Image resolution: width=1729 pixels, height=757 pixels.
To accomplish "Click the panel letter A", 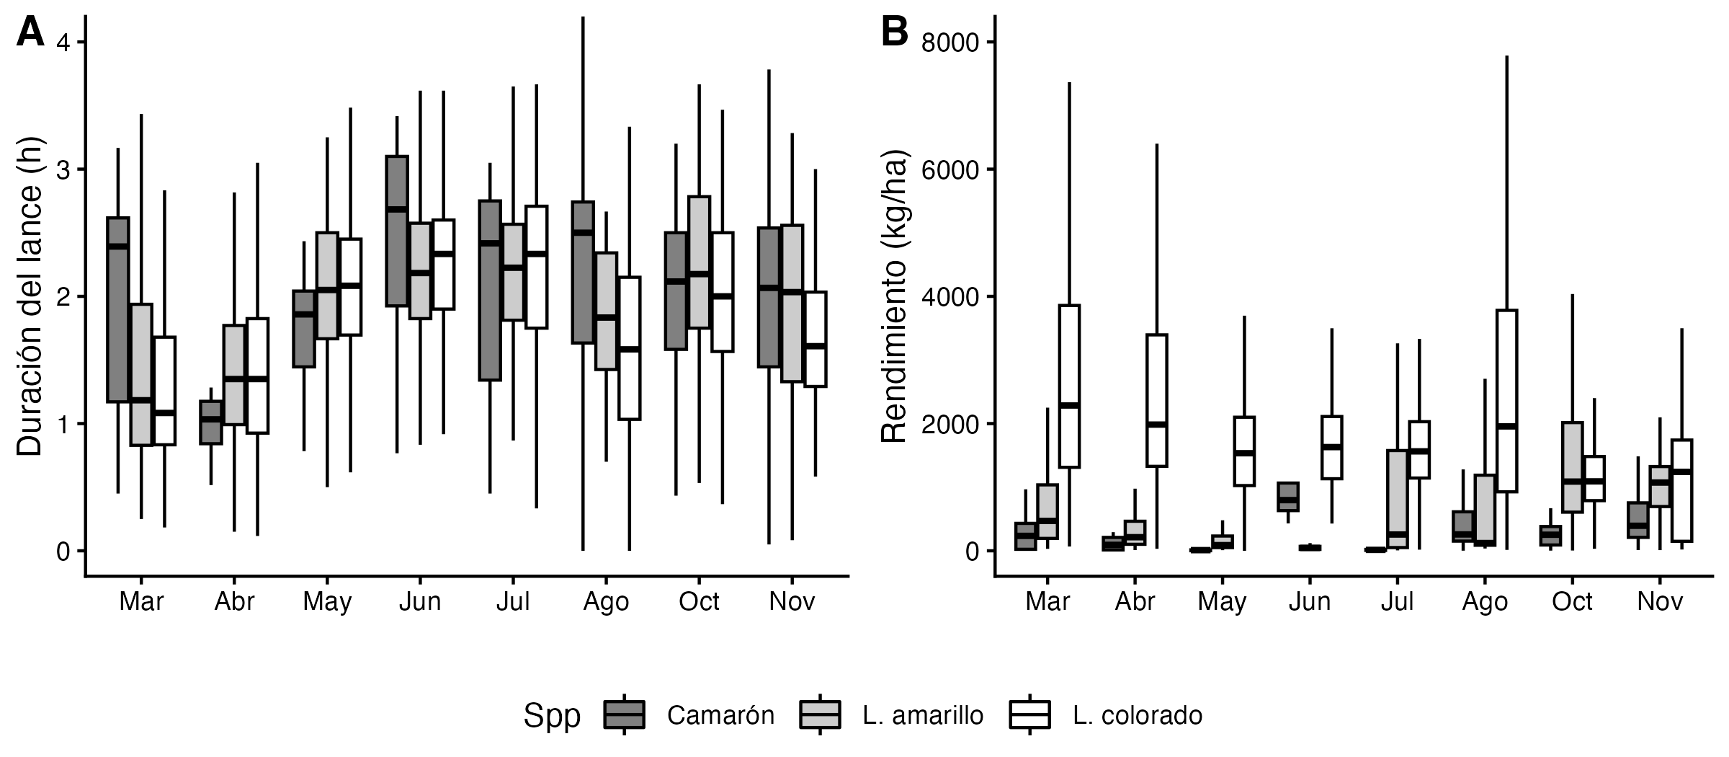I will click(30, 33).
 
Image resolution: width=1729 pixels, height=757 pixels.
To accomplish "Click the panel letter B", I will click(894, 33).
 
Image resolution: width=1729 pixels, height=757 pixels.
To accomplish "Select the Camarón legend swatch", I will click(624, 714).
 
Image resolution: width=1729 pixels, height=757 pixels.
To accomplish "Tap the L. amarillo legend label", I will click(922, 715).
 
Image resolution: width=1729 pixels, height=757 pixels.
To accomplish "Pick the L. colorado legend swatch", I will click(1029, 714).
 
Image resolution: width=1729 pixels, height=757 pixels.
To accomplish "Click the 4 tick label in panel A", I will click(63, 43).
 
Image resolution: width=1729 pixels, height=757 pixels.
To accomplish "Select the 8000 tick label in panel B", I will click(950, 43).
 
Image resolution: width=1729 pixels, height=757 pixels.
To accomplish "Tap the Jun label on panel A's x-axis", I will click(420, 601).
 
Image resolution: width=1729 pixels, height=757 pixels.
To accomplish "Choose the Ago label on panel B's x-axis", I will click(1485, 601).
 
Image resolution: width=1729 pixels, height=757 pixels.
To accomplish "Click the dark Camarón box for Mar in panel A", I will click(117, 309).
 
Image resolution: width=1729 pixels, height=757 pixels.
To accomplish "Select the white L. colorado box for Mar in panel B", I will click(1069, 386).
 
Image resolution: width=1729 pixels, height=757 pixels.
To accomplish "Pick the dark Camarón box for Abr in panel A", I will click(210, 422).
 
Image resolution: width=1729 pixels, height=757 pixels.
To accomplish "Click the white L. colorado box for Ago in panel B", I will click(1506, 401).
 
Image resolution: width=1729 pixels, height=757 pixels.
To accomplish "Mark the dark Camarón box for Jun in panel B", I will click(1288, 497).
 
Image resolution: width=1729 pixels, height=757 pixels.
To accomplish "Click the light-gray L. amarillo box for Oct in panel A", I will click(699, 262).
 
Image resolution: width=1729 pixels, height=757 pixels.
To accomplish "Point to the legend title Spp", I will click(552, 715).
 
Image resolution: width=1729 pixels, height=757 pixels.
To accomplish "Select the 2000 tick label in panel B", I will click(950, 424).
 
